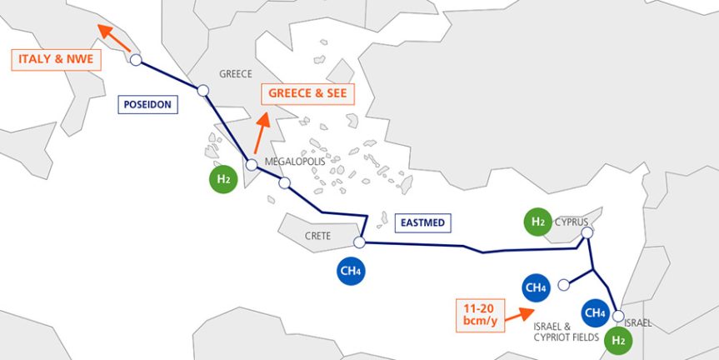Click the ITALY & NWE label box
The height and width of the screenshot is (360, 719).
point(56,59)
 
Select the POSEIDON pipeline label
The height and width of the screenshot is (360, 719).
point(147,104)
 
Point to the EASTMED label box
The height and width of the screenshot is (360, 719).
point(422,222)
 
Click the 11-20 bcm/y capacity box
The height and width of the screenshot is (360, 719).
point(480,315)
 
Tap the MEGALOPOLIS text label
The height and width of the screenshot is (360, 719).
point(295,162)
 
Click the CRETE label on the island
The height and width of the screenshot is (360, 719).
point(317,236)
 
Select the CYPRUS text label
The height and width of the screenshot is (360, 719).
point(572,222)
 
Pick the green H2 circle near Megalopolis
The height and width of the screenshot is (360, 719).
point(223,179)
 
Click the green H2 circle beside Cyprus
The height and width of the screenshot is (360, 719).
point(538,222)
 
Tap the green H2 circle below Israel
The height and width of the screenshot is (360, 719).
point(618,341)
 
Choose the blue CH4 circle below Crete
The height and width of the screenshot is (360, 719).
point(352,271)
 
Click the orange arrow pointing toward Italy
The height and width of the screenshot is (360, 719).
point(114,38)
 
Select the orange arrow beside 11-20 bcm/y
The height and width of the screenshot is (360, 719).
point(519,315)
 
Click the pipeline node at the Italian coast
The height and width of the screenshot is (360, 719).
point(136,60)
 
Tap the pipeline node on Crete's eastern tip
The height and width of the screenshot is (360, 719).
point(360,242)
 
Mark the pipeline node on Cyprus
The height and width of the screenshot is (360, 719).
point(587,233)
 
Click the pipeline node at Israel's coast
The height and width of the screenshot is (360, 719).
point(618,316)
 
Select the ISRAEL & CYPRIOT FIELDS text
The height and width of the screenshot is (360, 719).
point(567,332)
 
